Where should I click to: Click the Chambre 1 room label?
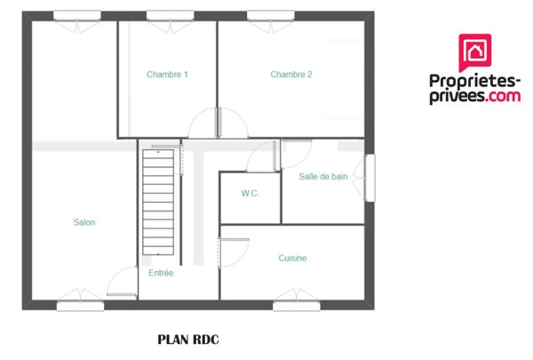tap(167, 75)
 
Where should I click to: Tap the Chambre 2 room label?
tap(291, 75)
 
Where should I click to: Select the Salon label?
tap(84, 222)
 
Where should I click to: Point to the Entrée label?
tap(162, 273)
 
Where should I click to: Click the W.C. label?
tap(250, 193)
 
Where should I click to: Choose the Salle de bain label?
tap(323, 177)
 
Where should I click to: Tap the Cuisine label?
tap(292, 258)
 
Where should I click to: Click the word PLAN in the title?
tap(172, 339)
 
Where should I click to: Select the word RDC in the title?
tap(204, 339)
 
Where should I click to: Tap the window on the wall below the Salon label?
tap(81, 305)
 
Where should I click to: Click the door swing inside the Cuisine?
tap(235, 253)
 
